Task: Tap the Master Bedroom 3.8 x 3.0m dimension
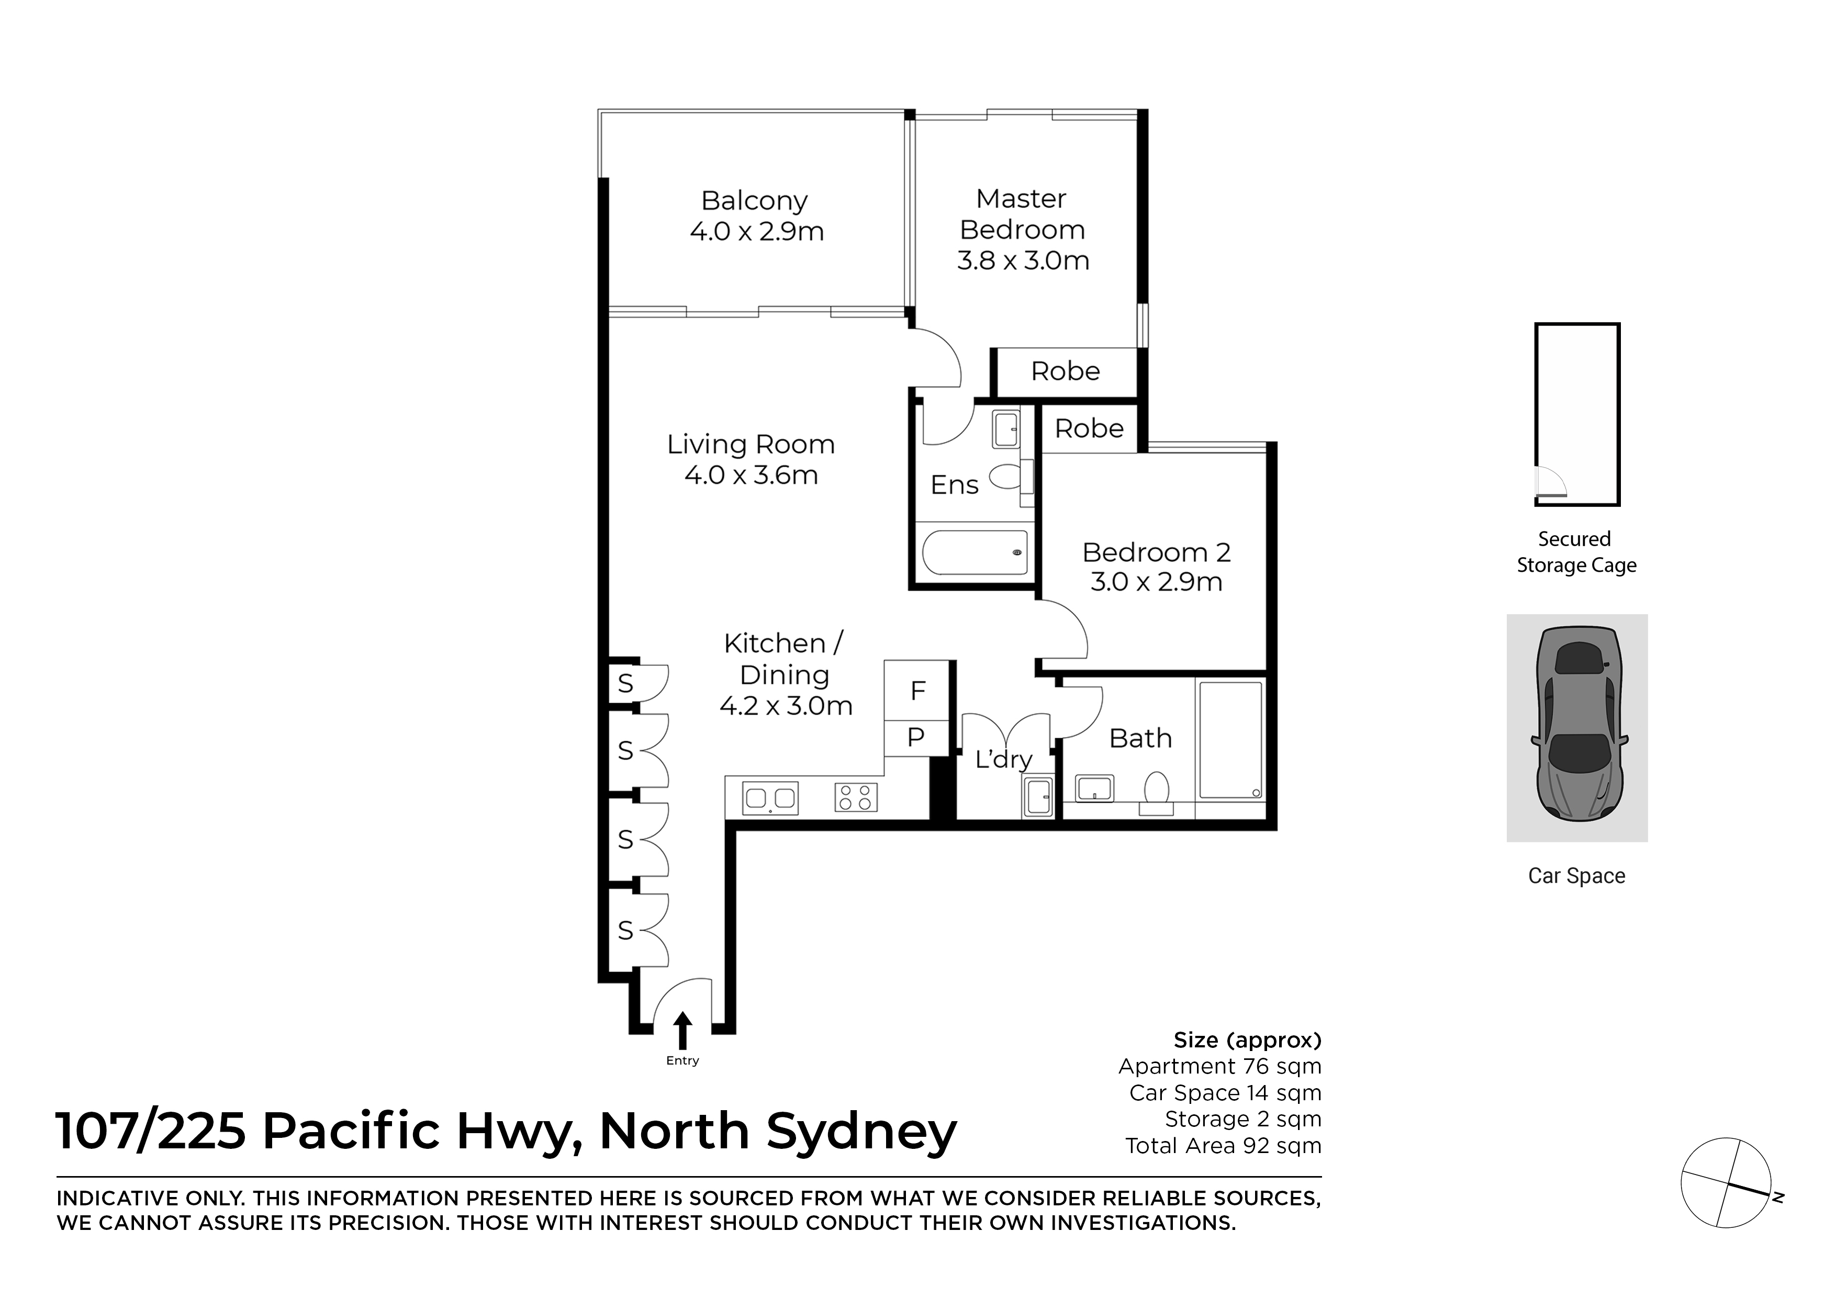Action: [x=1022, y=261]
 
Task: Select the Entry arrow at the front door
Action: [x=682, y=1031]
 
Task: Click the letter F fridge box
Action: [x=917, y=690]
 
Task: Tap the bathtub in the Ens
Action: [x=975, y=552]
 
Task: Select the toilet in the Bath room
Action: [x=1157, y=789]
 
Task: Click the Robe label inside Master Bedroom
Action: [x=1065, y=371]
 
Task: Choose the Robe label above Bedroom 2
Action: [x=1089, y=429]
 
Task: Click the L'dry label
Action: [x=1003, y=759]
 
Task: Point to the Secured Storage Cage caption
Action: [x=1575, y=552]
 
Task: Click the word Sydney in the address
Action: [x=861, y=1132]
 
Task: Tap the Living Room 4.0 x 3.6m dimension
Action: [x=751, y=475]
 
